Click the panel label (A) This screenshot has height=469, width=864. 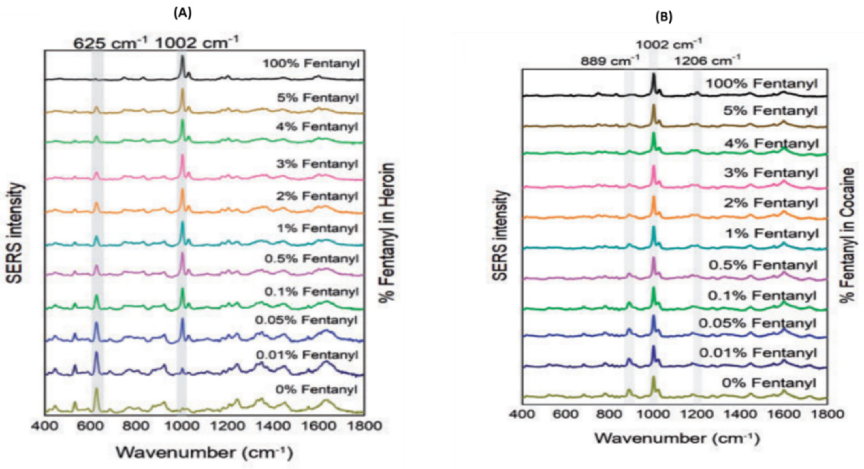(182, 14)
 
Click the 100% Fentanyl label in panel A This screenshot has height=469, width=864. (311, 64)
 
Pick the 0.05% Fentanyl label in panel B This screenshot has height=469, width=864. (757, 324)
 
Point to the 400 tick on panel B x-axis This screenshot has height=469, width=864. (522, 414)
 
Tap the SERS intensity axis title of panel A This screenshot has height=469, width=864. (15, 233)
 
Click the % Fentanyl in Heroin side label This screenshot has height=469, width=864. (387, 233)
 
